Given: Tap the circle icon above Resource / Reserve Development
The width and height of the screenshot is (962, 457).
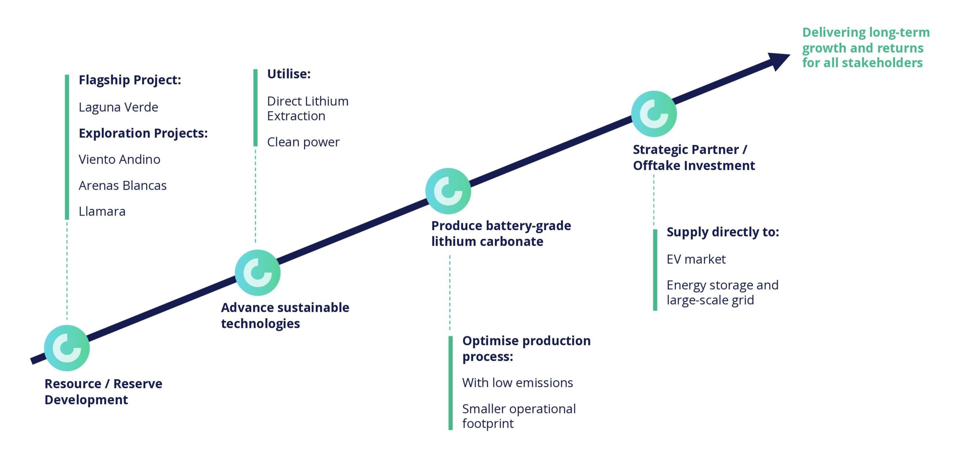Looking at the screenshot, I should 67,348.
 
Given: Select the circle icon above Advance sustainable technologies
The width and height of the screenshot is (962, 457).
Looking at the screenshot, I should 257,272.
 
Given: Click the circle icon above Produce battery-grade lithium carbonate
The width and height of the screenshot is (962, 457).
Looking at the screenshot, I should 448,191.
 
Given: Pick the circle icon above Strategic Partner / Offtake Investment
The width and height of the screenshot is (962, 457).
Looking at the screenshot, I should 654,114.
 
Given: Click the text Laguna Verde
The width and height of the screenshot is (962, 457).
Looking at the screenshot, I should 118,107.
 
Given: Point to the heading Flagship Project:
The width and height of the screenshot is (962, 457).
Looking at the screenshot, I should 130,80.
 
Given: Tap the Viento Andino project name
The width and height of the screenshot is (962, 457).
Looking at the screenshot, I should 119,160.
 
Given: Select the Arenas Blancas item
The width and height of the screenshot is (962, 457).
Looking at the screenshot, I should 123,186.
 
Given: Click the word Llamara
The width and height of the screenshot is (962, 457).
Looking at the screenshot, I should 102,211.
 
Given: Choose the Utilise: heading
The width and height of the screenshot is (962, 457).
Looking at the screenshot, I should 289,74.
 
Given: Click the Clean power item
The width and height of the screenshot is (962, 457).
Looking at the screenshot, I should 303,142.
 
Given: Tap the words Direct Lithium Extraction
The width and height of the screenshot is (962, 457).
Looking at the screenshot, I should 307,109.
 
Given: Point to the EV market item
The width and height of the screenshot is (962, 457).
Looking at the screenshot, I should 696,259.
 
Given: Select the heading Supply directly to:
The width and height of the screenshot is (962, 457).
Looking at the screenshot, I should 722,232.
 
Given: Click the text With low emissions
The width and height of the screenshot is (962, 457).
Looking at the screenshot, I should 517,383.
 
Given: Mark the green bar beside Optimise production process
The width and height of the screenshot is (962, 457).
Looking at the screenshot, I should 450,383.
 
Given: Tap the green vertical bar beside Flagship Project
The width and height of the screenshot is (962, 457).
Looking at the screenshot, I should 67,147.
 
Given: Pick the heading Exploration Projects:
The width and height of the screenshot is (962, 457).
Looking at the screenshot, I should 143,133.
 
